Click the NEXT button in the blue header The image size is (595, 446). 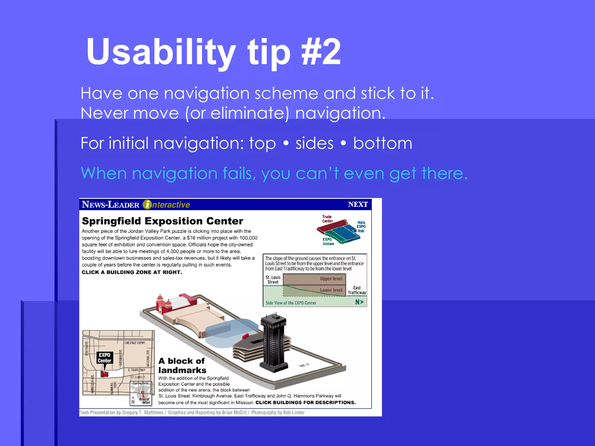coord(358,204)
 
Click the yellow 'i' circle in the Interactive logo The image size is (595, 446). coord(147,205)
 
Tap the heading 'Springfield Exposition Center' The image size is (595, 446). coord(162,221)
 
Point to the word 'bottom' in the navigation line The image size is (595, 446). coord(383,143)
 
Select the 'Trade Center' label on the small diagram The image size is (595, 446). coord(327,219)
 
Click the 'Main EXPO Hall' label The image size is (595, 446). coord(361,227)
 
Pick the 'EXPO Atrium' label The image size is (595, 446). coord(328,242)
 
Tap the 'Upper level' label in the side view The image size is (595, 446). coord(331,279)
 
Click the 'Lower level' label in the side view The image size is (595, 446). coord(331,290)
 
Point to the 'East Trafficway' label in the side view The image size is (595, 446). coord(357,290)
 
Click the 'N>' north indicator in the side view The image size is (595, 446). coord(359,302)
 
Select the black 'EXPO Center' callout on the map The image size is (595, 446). coord(105,358)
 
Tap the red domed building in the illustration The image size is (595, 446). coord(163,305)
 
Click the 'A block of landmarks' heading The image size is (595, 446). coord(182,366)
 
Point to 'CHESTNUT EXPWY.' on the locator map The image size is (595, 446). coord(135,343)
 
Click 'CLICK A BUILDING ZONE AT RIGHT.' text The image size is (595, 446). coord(132,272)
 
